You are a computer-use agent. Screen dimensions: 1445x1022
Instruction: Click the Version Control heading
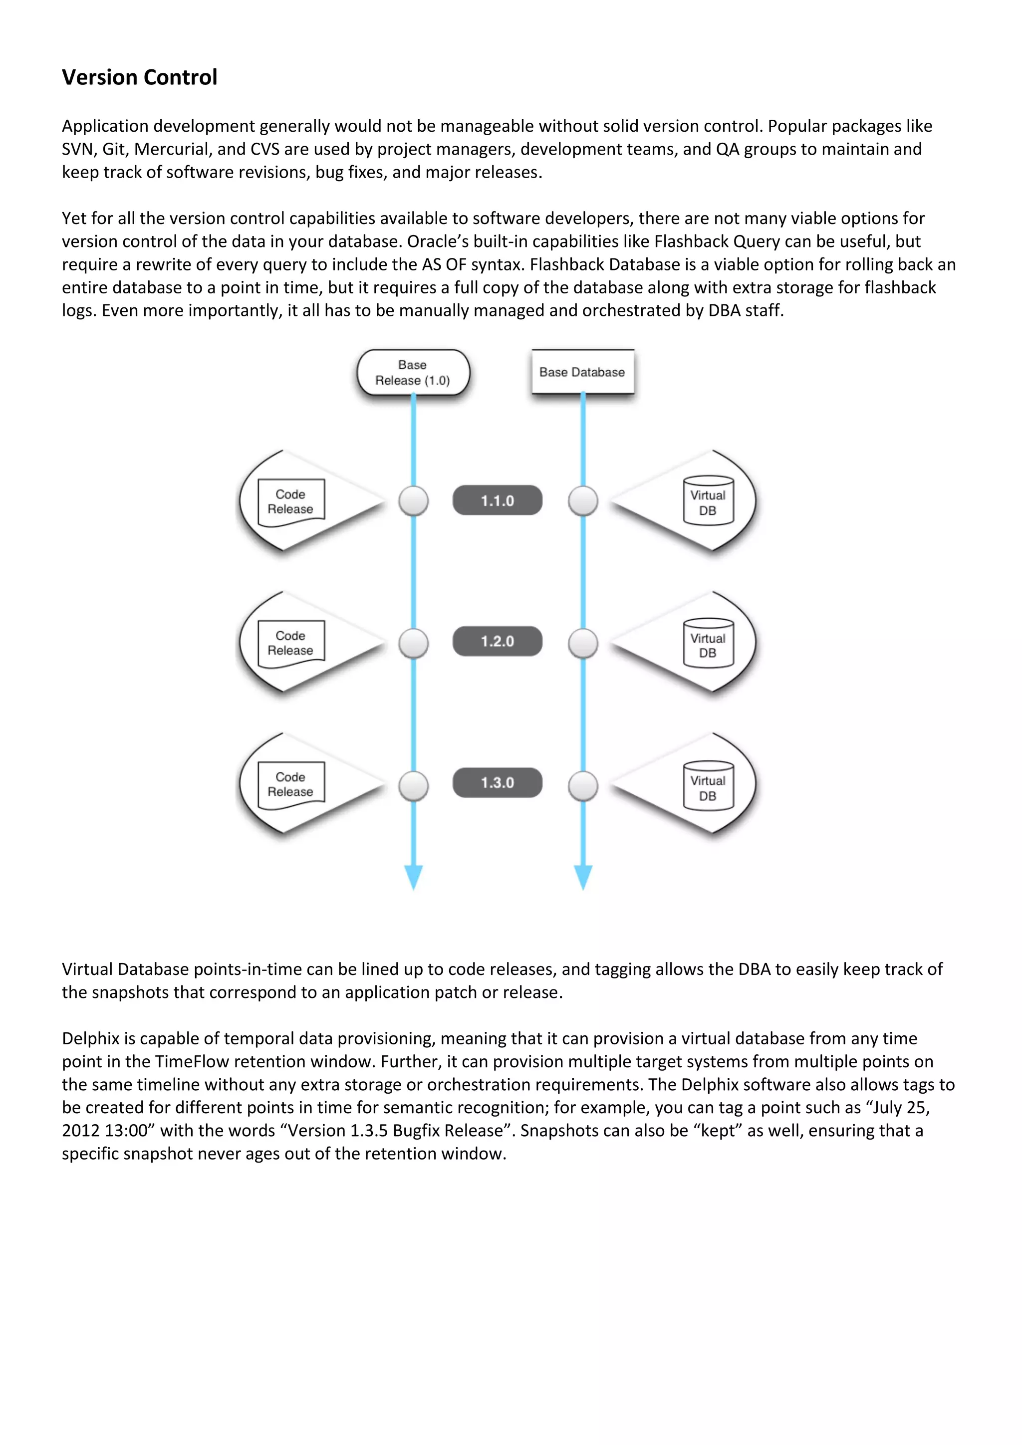[139, 77]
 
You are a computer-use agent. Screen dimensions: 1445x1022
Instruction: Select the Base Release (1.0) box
[413, 373]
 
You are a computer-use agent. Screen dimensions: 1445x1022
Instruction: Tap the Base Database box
[582, 372]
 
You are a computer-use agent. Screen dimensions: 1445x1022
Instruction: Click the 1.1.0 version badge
[497, 500]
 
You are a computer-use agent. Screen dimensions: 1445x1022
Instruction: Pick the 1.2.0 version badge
[497, 641]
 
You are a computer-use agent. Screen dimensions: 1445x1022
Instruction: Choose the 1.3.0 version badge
[497, 782]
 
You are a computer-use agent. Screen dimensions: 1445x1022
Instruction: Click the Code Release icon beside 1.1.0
[291, 501]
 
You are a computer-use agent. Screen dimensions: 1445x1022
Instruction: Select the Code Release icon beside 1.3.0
[291, 784]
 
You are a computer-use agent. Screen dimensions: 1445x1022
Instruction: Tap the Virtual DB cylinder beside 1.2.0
[708, 644]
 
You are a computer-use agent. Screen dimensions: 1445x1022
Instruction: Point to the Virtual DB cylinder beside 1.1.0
[708, 501]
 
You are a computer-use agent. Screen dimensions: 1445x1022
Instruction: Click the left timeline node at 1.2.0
[414, 643]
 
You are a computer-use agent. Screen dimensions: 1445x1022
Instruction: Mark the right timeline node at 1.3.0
[583, 785]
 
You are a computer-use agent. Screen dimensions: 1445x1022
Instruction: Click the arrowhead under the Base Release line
[414, 877]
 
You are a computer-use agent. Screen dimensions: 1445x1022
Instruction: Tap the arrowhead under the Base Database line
[583, 877]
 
